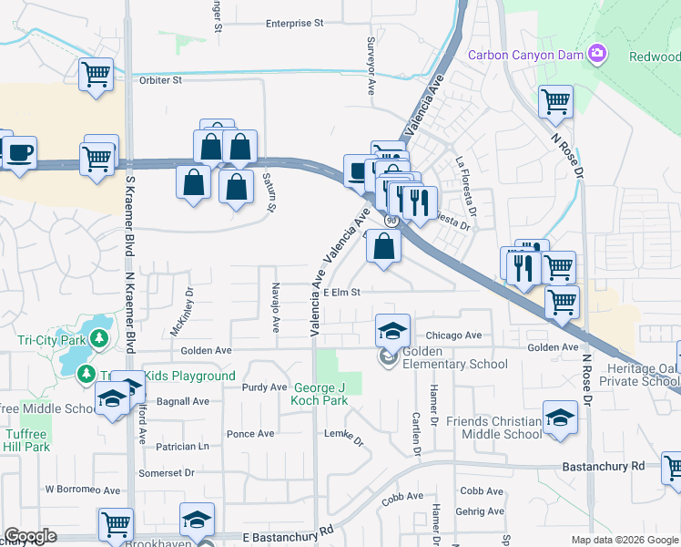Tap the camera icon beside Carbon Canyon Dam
pos(597,54)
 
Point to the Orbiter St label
pos(161,80)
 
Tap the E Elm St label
pos(342,293)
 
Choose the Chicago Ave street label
pos(453,335)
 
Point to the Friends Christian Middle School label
pos(493,428)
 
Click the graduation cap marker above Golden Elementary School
pos(392,330)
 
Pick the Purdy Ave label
pos(264,387)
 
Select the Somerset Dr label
pos(167,473)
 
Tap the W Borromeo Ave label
pos(83,490)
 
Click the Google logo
pos(30,536)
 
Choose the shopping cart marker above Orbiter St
pos(96,75)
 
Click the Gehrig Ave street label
pos(482,511)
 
